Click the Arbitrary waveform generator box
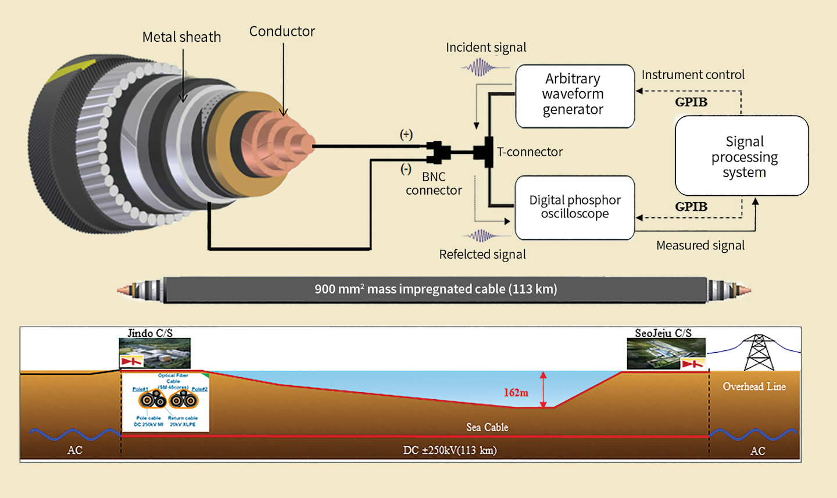click(x=574, y=96)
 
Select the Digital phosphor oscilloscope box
click(x=574, y=207)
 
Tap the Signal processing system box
click(x=742, y=156)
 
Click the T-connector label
click(x=530, y=152)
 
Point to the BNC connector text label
click(x=434, y=184)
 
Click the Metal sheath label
click(x=181, y=37)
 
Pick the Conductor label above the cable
click(x=282, y=31)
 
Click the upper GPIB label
click(x=691, y=102)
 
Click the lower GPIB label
click(x=691, y=207)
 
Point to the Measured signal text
click(x=700, y=246)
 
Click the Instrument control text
click(x=693, y=75)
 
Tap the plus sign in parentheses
click(x=406, y=135)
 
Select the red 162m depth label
click(x=516, y=393)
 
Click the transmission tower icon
click(x=759, y=352)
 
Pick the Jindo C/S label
click(x=150, y=333)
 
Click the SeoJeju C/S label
click(x=663, y=333)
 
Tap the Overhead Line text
click(x=754, y=386)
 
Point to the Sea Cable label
click(x=487, y=427)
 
